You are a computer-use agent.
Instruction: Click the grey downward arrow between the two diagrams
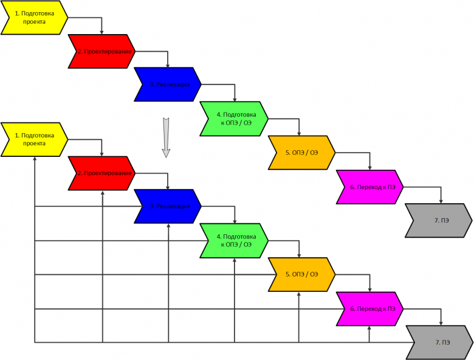point(165,137)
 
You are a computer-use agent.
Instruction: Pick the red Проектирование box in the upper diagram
point(101,51)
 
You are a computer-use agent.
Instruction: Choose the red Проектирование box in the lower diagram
point(101,173)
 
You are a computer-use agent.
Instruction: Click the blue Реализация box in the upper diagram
point(168,85)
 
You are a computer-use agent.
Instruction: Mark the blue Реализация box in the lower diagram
point(168,207)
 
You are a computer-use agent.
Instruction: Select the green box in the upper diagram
point(234,119)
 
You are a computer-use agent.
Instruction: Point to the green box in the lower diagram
point(234,241)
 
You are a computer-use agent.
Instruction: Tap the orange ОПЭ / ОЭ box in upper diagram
point(301,152)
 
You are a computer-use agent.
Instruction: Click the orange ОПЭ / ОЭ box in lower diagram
point(301,274)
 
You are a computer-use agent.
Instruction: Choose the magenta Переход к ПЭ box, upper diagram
point(369,187)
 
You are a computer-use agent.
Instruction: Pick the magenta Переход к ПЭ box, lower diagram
point(369,308)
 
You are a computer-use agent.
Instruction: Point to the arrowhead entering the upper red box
point(101,32)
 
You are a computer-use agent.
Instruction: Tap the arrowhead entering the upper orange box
point(298,134)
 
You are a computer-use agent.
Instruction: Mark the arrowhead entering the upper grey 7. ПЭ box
point(441,201)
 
